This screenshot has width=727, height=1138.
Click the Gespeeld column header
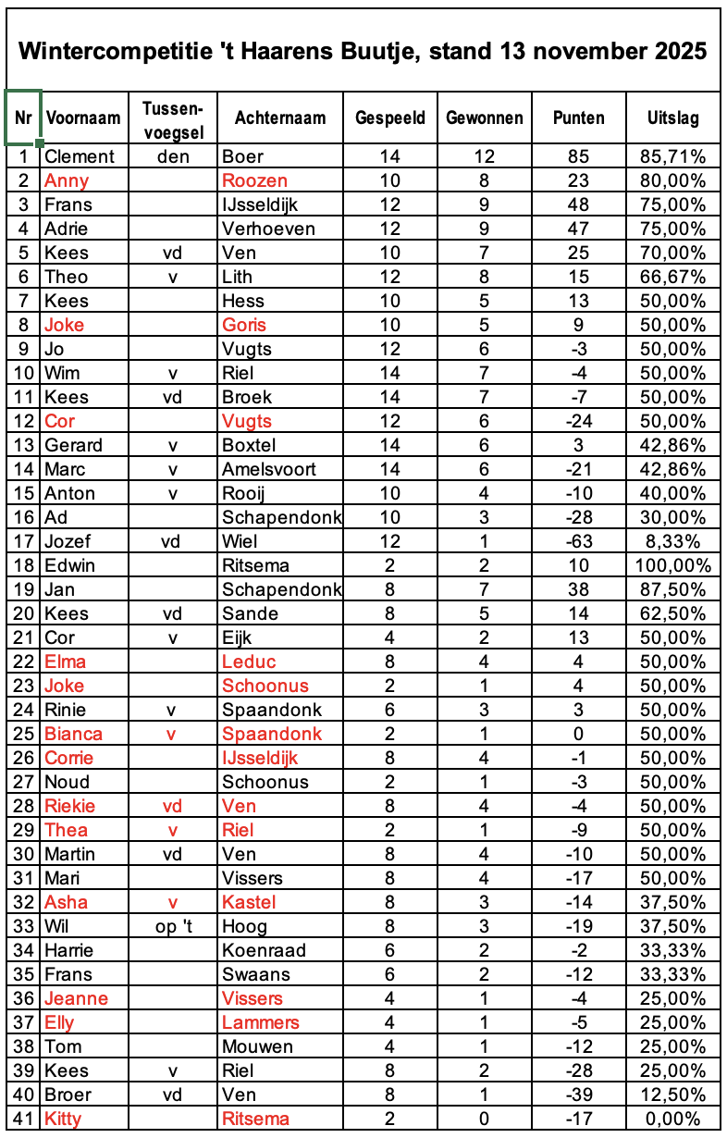click(390, 118)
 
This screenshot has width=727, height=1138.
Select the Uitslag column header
click(672, 118)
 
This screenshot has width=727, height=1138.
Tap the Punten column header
click(578, 118)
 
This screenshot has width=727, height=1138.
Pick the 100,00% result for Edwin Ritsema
click(674, 565)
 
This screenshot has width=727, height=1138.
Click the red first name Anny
click(66, 180)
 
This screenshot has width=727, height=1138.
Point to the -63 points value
click(578, 541)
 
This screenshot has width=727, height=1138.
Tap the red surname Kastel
click(250, 902)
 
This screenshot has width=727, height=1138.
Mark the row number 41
click(22, 1119)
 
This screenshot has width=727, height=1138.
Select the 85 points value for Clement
click(578, 156)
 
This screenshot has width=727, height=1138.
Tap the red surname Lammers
click(261, 1022)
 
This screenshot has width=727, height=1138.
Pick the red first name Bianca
click(73, 734)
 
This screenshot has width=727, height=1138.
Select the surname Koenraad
click(262, 950)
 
